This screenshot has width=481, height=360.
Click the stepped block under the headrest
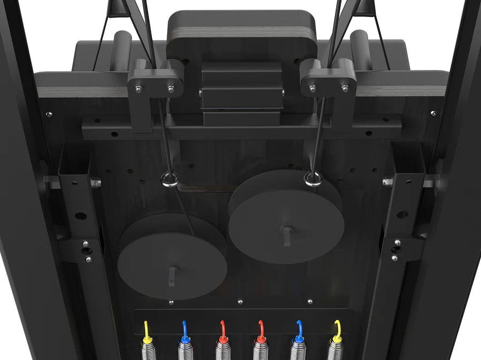pos(242,88)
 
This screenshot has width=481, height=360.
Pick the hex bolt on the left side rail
pos(96,183)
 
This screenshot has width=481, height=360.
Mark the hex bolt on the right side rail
pos(387,182)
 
